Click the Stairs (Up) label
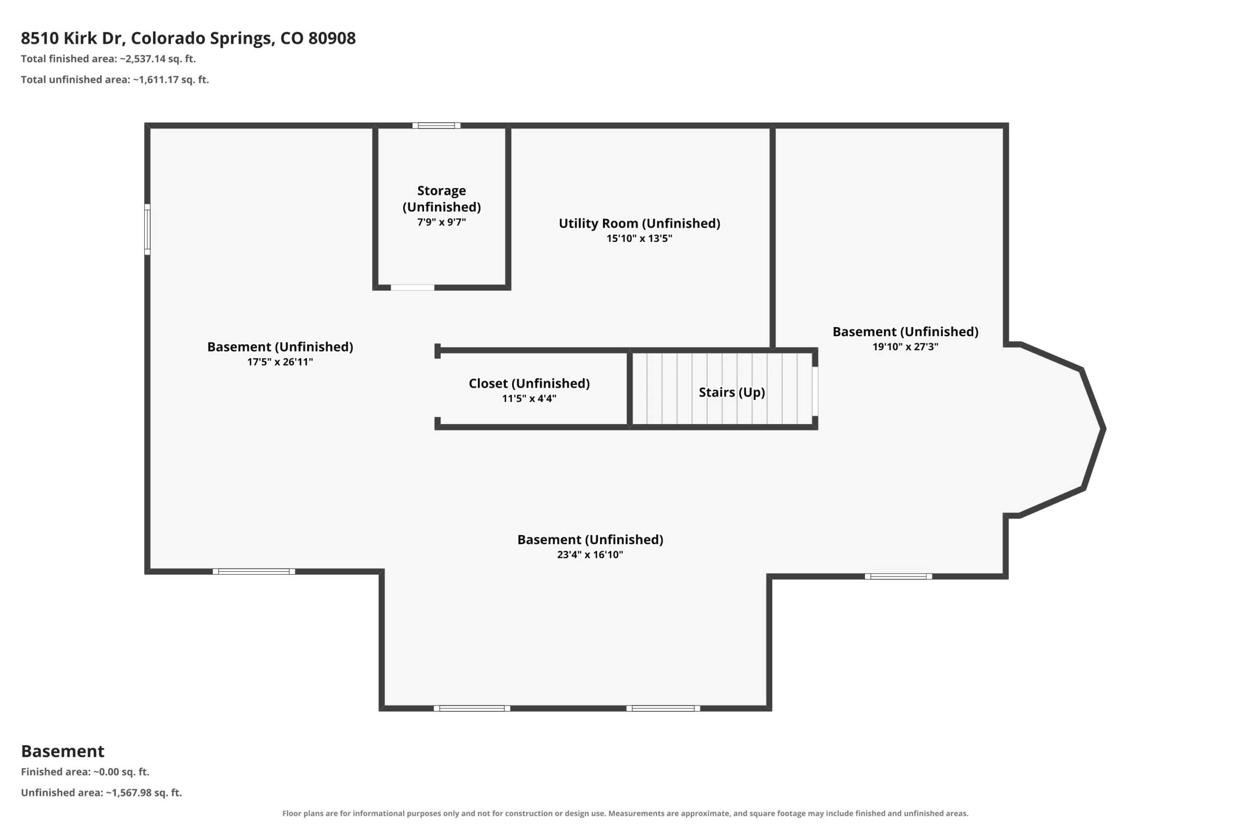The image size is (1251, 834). pos(732,392)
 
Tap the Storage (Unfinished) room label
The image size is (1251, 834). pos(441,198)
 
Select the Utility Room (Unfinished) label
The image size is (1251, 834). pos(639,223)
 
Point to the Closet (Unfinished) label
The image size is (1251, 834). pos(529,384)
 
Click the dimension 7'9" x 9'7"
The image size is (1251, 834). pos(441,222)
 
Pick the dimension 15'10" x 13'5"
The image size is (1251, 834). pos(639,238)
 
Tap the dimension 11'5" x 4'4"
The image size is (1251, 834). pos(529,398)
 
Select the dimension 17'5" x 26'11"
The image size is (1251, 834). pos(280,362)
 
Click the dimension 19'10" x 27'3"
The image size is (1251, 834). pos(906,347)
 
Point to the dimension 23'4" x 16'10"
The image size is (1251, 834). pos(590,555)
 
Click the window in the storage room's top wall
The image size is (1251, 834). pos(436,126)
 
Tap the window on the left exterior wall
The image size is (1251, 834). pos(147,229)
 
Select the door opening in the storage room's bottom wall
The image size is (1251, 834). pos(413,288)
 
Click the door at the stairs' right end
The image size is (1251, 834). pos(815,391)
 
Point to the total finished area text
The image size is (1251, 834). pos(108,59)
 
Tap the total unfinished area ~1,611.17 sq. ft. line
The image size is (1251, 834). pos(115,80)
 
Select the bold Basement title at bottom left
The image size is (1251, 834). pos(63,751)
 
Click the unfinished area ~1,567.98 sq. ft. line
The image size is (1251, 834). pos(102,792)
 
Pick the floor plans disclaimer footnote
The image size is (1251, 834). pos(625,813)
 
